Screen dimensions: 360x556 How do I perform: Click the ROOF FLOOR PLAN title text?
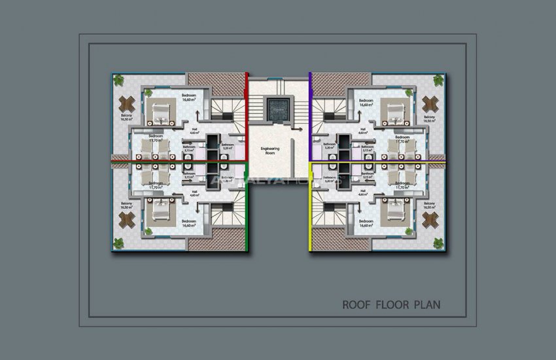[391, 304]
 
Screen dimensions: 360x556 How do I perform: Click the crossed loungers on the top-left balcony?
[127, 104]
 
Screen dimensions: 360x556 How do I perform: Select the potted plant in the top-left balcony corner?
[118, 80]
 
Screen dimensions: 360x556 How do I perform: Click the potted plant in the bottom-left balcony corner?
[118, 243]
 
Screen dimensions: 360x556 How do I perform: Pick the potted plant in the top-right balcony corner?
[438, 80]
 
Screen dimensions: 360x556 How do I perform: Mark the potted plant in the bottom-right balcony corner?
[438, 243]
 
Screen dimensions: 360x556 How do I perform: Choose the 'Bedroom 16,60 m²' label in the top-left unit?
[188, 98]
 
